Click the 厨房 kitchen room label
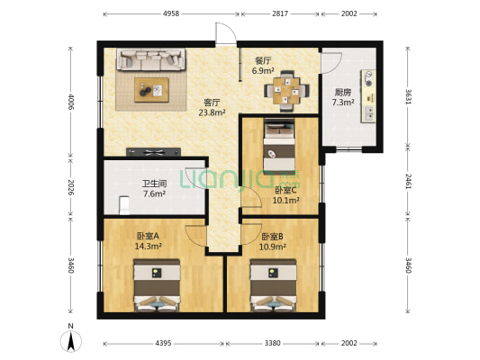343,92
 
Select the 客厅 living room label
213,103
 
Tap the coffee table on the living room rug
151,88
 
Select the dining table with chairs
288,88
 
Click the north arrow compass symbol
69,339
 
